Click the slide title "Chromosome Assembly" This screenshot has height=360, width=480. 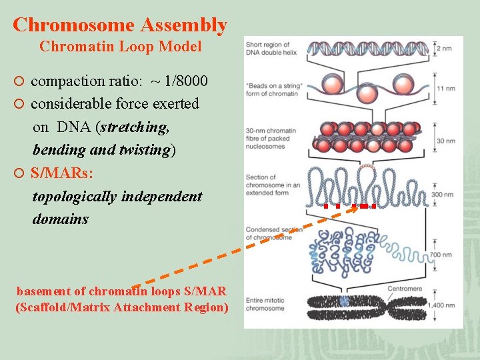click(120, 25)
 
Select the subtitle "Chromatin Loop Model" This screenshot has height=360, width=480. click(120, 47)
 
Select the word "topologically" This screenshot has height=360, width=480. click(73, 196)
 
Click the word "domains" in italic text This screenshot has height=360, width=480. click(60, 219)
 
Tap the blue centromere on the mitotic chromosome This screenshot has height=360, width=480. click(344, 302)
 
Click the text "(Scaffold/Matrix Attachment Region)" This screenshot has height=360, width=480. click(121, 307)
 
